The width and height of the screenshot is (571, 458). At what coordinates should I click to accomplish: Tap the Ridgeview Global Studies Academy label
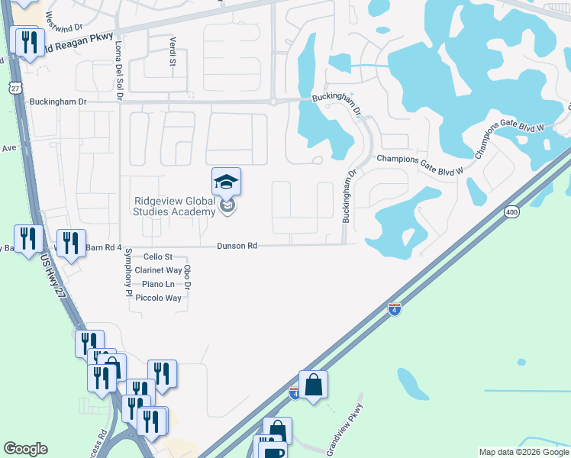tap(175, 206)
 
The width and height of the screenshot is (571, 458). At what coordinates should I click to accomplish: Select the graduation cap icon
tap(226, 182)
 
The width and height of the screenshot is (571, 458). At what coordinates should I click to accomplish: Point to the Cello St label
tap(159, 257)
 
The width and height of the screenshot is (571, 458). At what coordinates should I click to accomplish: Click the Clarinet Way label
tap(158, 270)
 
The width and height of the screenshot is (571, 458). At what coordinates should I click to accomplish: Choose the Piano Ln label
tap(159, 284)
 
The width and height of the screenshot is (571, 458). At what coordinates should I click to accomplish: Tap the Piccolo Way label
tap(158, 298)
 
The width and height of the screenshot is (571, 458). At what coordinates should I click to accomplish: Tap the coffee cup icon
tap(273, 450)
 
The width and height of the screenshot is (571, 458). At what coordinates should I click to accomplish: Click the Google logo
tap(25, 449)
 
